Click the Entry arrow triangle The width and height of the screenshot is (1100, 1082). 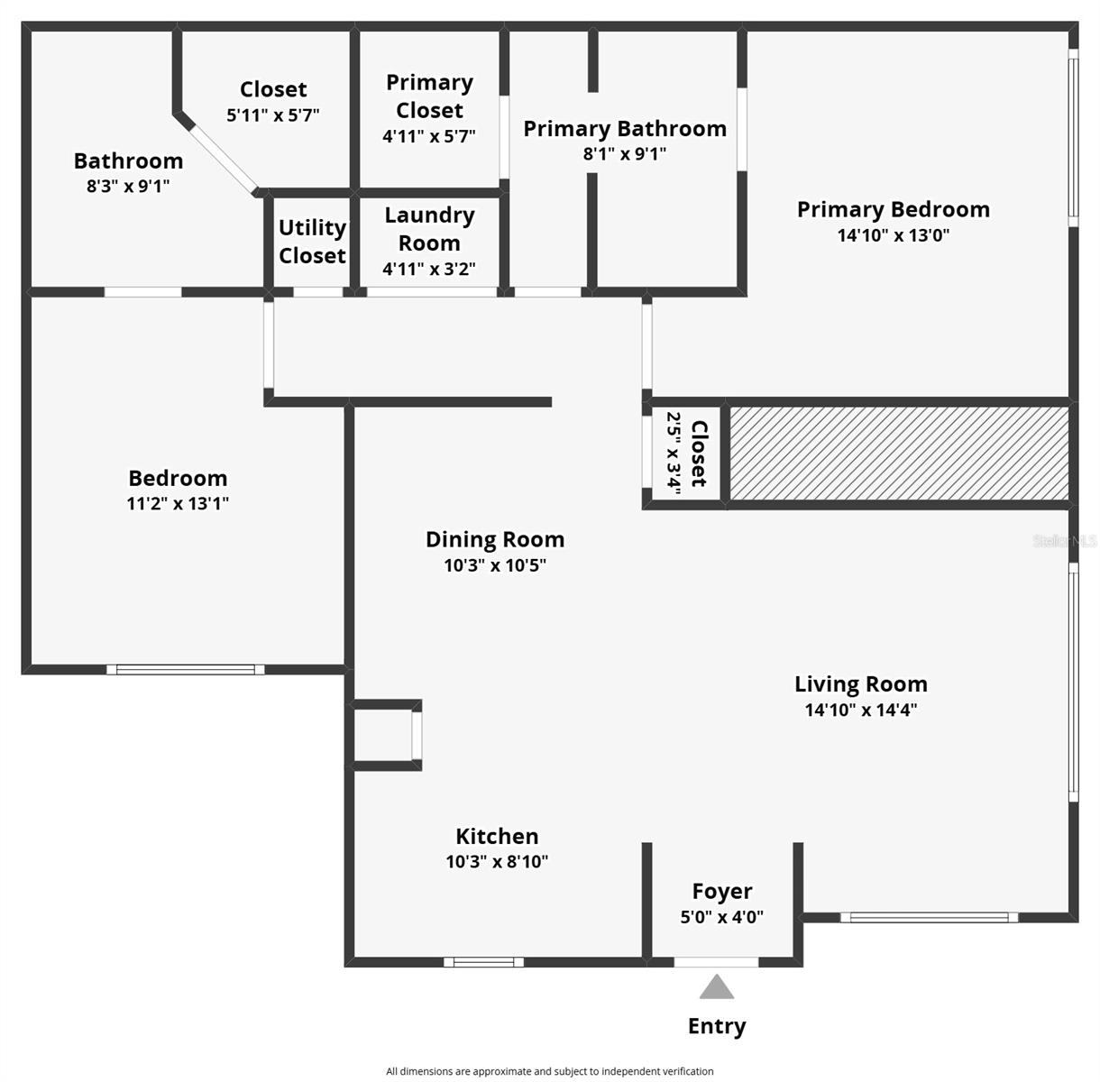tap(717, 988)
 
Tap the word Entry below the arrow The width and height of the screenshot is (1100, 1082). tap(717, 1026)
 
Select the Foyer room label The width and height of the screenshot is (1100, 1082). tap(722, 892)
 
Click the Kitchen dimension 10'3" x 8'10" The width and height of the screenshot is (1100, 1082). tap(497, 862)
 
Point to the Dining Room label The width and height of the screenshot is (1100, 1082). tap(495, 539)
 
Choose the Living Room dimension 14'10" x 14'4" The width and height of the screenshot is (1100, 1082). tap(861, 710)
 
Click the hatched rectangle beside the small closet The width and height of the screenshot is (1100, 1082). tap(898, 454)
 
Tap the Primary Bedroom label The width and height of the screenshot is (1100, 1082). tap(894, 209)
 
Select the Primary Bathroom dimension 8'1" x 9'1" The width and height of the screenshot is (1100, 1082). tap(625, 153)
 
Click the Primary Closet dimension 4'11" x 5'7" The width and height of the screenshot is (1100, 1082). tap(429, 136)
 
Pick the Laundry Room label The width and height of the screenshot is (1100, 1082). tap(429, 229)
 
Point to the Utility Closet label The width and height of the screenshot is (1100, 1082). tap(312, 242)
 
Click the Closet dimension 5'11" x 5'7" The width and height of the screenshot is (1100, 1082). tap(273, 115)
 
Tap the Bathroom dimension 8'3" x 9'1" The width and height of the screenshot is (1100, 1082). tap(128, 187)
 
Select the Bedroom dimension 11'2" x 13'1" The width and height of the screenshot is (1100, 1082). tap(178, 503)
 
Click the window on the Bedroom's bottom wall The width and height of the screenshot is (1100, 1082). tap(186, 669)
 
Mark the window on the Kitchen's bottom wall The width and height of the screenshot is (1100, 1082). tap(484, 962)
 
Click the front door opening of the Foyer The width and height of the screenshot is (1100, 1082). tap(717, 962)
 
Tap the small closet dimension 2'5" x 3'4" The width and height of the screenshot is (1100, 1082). tap(673, 451)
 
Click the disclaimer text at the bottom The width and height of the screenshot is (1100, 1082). tap(550, 1071)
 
